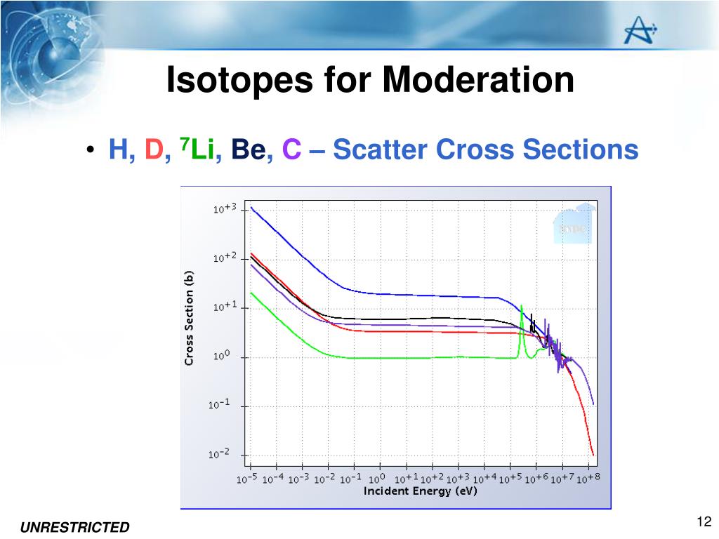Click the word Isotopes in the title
click(x=238, y=80)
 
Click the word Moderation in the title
click(x=478, y=80)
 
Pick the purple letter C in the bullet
click(x=291, y=149)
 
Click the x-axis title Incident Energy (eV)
click(x=420, y=491)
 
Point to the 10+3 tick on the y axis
click(x=225, y=209)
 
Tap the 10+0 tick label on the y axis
click(x=220, y=357)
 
